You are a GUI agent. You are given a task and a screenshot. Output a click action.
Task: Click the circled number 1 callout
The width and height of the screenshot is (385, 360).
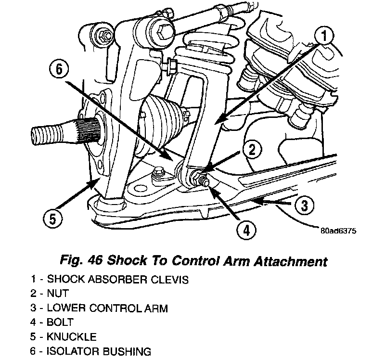coord(325,36)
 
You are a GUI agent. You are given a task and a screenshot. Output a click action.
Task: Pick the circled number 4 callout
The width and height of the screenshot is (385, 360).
coord(245,231)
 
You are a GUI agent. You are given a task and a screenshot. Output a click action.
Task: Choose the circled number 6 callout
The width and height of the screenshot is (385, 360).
coord(59,70)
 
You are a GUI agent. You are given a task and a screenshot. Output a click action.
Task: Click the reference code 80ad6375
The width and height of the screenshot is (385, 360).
coord(337,231)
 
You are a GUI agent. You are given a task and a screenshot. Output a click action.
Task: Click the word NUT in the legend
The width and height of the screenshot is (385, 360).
coord(58,293)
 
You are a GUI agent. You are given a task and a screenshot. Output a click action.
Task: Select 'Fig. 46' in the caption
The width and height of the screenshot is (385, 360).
coord(78,262)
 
